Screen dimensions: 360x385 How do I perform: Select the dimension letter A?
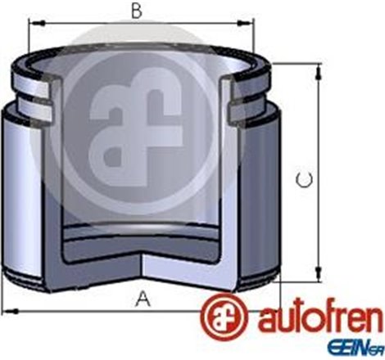tap(143, 300)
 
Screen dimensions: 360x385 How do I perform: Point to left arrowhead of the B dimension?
tap(33, 25)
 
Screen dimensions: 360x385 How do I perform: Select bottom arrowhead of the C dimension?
tap(317, 277)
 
